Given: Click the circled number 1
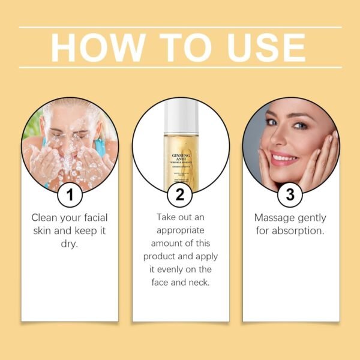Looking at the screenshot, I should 71,194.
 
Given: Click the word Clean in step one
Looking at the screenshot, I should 46,218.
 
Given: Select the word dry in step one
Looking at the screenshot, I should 70,244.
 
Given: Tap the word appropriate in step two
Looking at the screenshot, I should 181,230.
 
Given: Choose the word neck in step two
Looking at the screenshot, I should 199,283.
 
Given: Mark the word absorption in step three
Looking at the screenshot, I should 297,231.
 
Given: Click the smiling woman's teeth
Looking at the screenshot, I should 283,159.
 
